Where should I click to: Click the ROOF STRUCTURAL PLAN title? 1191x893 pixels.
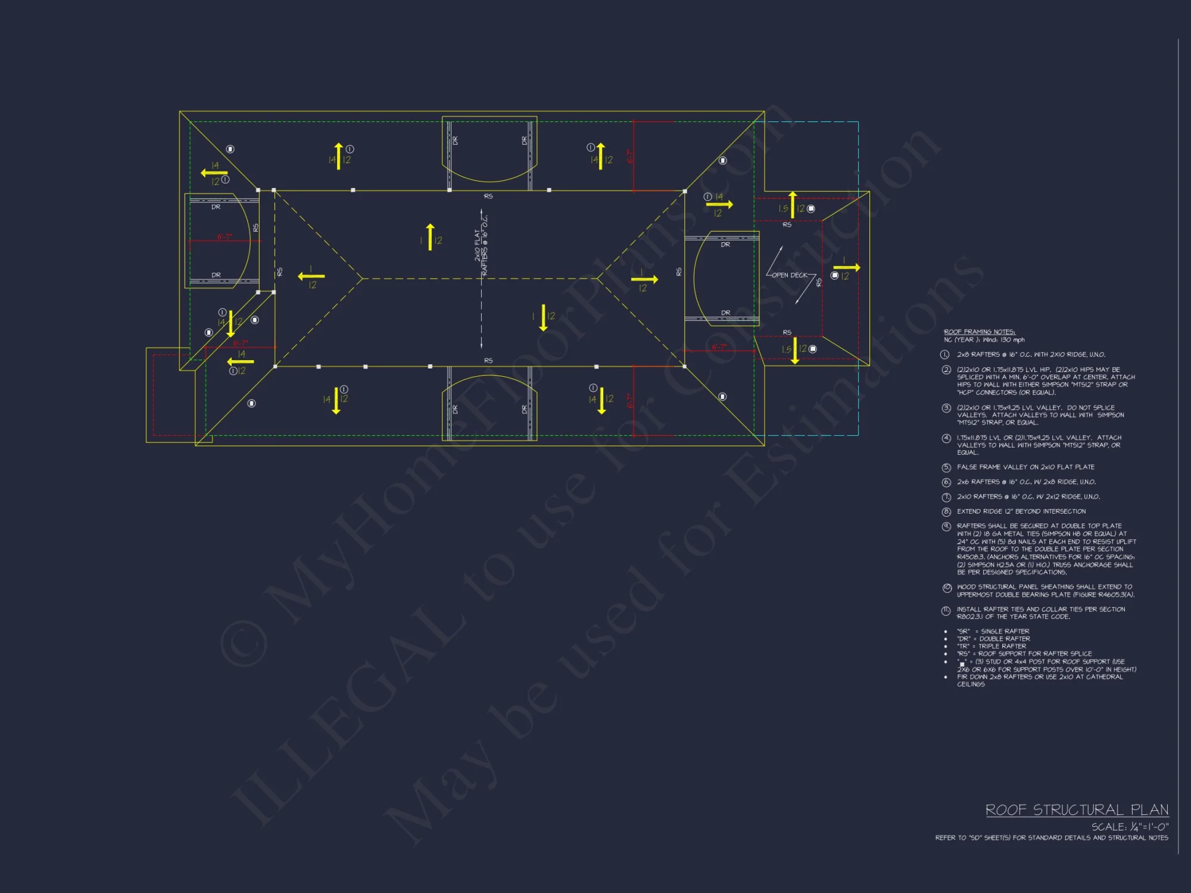click(1077, 810)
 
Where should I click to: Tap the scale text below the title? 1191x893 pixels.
click(1130, 827)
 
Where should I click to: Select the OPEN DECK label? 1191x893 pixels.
click(790, 275)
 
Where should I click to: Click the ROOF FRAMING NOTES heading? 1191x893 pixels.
click(979, 332)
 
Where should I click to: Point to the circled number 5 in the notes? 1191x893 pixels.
click(946, 467)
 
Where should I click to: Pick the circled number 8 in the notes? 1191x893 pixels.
click(946, 511)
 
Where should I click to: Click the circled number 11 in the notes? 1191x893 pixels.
click(946, 610)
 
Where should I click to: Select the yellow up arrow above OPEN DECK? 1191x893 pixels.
click(793, 205)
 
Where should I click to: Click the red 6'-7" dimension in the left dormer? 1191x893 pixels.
click(225, 237)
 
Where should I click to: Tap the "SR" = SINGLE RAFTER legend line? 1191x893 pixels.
click(993, 631)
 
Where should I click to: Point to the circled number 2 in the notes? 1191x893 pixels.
click(946, 370)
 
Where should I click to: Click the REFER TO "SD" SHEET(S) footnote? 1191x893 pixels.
click(1052, 838)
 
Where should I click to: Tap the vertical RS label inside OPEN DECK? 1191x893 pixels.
click(819, 283)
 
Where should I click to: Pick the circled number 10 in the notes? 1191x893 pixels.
click(947, 588)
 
